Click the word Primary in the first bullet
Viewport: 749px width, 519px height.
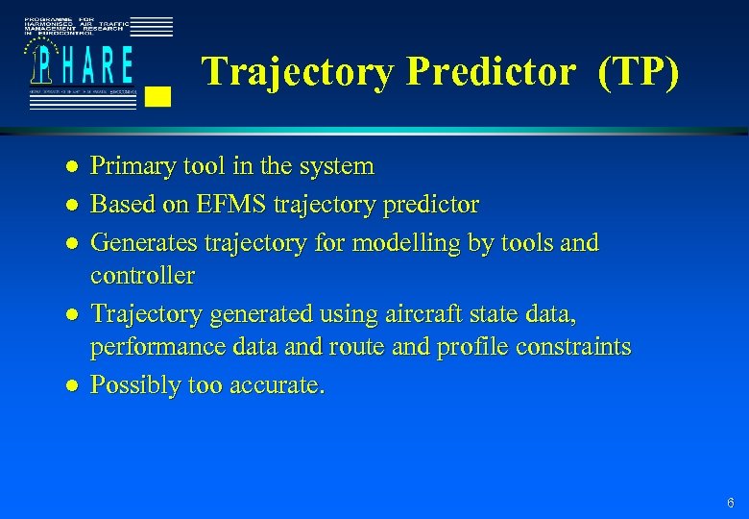click(x=126, y=166)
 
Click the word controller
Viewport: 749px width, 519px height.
click(x=142, y=276)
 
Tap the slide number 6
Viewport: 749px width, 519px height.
click(x=731, y=503)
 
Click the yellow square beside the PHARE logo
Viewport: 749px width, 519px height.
click(x=160, y=95)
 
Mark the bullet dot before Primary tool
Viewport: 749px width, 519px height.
click(x=70, y=167)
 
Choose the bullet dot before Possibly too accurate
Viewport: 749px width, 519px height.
click(x=70, y=386)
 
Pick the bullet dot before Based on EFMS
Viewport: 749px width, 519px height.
click(x=70, y=206)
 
